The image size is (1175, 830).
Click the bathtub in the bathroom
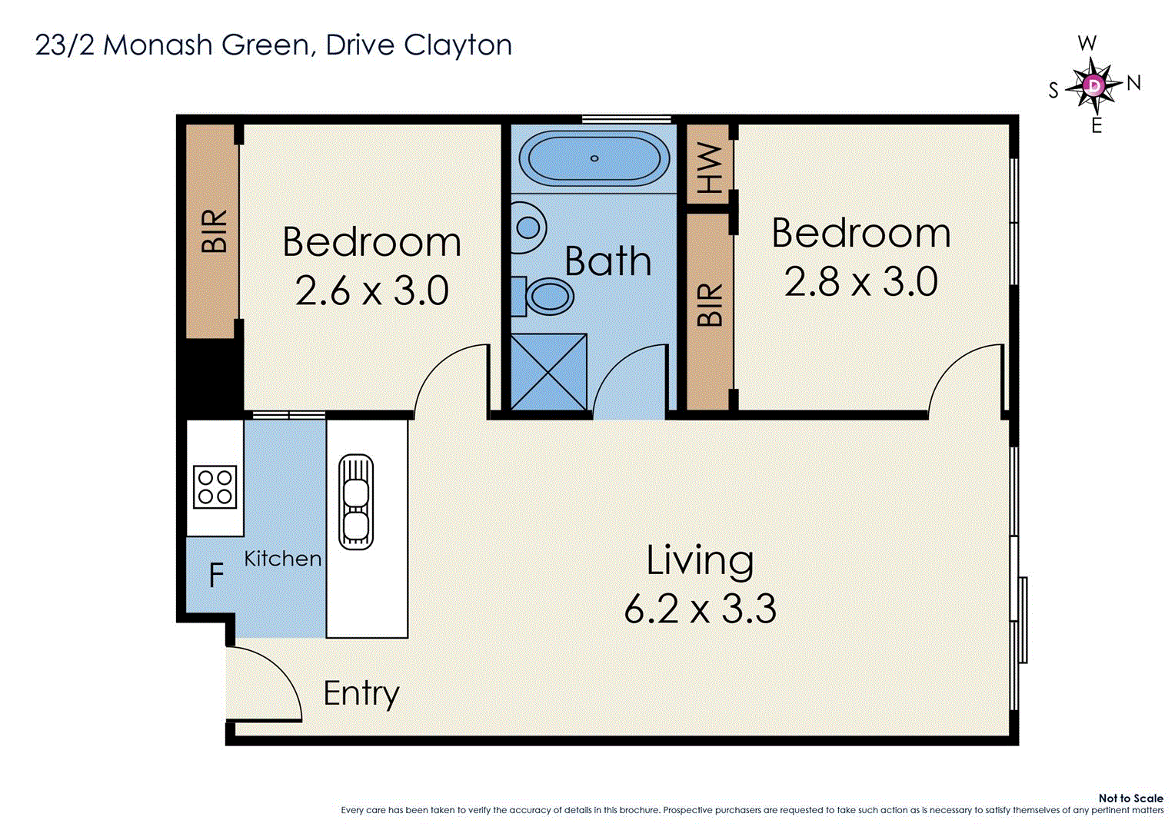coord(594,159)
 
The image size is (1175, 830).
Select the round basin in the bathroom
coord(528,227)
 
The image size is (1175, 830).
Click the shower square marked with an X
coord(548,371)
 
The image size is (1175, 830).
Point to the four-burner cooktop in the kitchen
coord(215,486)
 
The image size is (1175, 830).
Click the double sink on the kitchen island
coord(355,502)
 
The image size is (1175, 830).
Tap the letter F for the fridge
coord(216,575)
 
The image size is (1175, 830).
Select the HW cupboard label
coord(710,168)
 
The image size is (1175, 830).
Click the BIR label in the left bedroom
coord(215,231)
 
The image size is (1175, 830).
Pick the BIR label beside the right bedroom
coord(710,305)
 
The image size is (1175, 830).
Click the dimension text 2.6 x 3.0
coord(372,292)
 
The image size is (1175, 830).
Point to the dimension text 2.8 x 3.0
coord(860,282)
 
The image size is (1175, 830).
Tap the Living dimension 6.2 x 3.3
coord(700,609)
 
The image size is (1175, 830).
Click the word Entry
coord(361,694)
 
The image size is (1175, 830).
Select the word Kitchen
coord(283,559)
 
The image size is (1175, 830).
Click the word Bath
coord(607,261)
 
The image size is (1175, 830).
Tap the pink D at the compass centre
coord(1093,85)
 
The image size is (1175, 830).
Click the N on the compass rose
coord(1133,83)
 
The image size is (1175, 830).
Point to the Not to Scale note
coord(1130,798)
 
